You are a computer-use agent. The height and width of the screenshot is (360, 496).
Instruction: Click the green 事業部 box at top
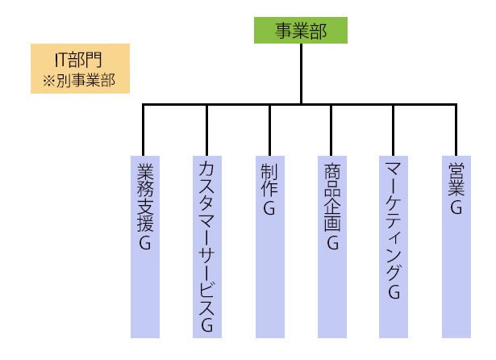(301, 30)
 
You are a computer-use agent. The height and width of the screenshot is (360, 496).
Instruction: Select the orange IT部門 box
(80, 69)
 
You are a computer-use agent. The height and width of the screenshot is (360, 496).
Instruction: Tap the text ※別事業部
(80, 81)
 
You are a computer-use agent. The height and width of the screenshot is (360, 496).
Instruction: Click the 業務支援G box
(144, 245)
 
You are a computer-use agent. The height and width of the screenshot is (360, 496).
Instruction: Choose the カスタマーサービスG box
(206, 245)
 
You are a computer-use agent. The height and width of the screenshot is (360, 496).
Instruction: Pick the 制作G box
(269, 245)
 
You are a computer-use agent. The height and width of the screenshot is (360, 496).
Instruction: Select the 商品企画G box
(331, 245)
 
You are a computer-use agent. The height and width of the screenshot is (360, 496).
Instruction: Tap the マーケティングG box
(394, 245)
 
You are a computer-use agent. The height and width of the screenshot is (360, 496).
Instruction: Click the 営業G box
(456, 245)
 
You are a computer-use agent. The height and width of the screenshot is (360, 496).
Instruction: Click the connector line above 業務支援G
(144, 129)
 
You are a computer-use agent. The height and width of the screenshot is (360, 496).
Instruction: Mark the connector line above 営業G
(456, 129)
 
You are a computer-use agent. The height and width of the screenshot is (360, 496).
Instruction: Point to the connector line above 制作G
(269, 129)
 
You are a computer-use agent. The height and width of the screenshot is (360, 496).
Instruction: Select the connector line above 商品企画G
(331, 129)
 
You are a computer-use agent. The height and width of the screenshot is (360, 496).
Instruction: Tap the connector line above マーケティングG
(394, 129)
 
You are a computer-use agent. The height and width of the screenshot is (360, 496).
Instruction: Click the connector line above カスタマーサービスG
(206, 129)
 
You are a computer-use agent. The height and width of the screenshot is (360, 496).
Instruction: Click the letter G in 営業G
(456, 207)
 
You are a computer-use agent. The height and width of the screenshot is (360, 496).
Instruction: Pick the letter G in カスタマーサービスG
(206, 325)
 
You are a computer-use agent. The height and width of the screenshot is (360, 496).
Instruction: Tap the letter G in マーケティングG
(394, 291)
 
